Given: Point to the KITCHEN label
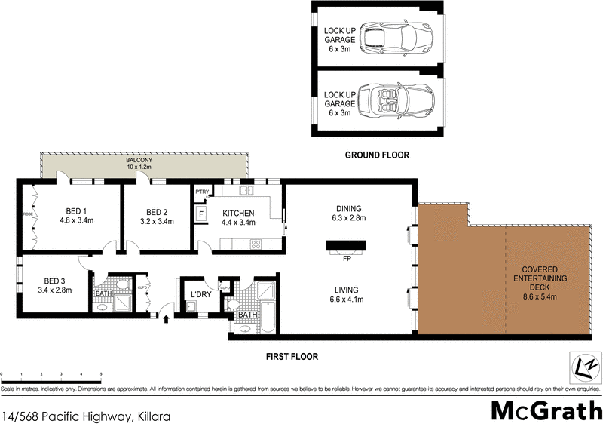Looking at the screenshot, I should pyautogui.click(x=238, y=213).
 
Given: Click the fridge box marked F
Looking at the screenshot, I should pyautogui.click(x=201, y=214).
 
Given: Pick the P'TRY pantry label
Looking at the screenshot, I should pyautogui.click(x=201, y=192).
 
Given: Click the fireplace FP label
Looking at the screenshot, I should pyautogui.click(x=347, y=259).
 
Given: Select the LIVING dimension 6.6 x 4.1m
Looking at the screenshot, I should pyautogui.click(x=347, y=300).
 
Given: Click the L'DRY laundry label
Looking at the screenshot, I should pyautogui.click(x=200, y=293).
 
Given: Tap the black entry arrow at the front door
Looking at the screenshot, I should pyautogui.click(x=166, y=320).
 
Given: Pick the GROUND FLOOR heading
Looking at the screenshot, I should pyautogui.click(x=377, y=155).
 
